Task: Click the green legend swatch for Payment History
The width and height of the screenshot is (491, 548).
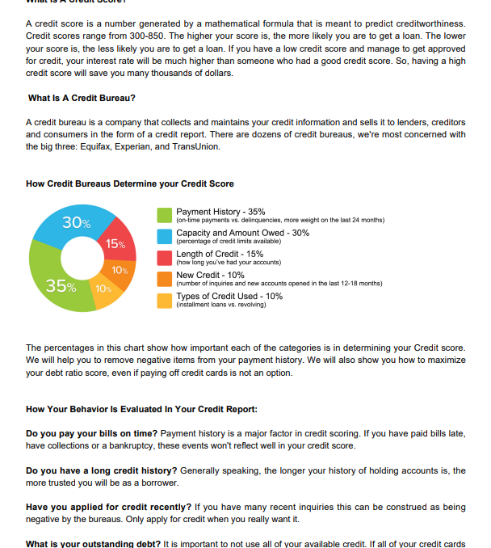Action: click(x=164, y=214)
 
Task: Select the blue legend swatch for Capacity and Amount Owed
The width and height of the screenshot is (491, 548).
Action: click(x=164, y=236)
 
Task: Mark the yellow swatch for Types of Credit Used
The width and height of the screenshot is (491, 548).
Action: click(x=164, y=300)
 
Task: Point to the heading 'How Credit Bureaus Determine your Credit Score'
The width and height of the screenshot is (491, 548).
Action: click(x=130, y=184)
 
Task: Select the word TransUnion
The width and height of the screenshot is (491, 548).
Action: click(x=194, y=146)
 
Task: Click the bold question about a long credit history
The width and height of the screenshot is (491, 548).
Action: click(x=102, y=470)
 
